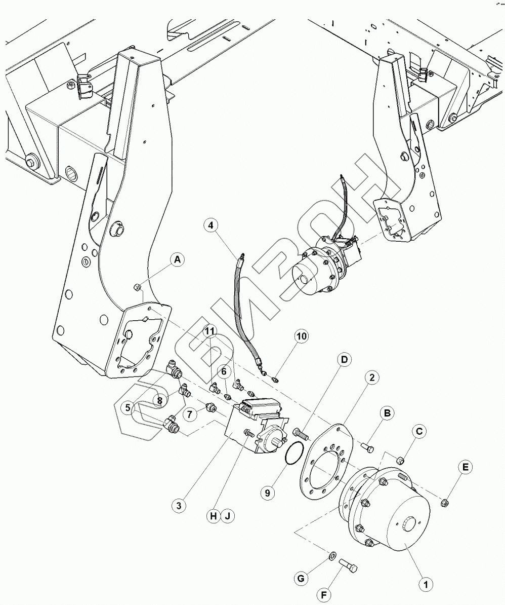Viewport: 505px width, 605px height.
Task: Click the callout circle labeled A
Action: tap(177, 260)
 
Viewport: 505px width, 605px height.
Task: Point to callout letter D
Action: tap(344, 360)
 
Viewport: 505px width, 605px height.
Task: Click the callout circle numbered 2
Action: tap(372, 377)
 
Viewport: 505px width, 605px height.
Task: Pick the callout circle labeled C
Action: tap(419, 432)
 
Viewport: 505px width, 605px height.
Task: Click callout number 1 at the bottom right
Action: tap(426, 584)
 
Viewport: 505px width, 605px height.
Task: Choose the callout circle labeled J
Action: tap(228, 516)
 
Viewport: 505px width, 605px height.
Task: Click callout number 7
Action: tap(190, 414)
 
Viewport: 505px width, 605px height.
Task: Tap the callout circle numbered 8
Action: tap(160, 400)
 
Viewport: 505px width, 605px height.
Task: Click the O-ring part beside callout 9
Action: tap(293, 452)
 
